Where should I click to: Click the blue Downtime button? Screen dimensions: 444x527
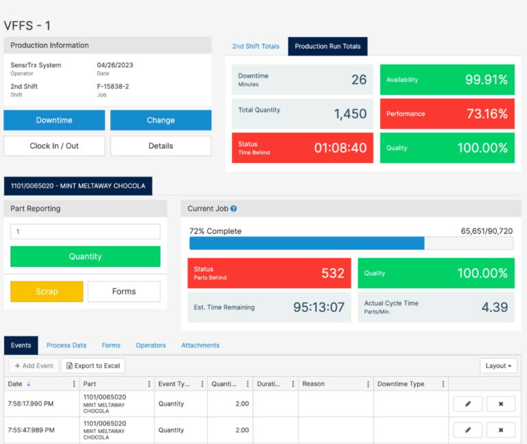pos(54,120)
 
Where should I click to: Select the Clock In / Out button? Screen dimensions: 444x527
pos(54,145)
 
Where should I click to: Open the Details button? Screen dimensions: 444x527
pos(161,145)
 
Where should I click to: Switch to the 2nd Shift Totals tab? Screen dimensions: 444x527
pos(256,46)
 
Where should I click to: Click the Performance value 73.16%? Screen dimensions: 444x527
pos(487,114)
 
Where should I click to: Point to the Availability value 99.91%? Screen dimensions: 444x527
pos(486,80)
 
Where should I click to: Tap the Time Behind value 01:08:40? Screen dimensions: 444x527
pos(340,148)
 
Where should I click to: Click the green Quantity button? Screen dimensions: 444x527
pos(85,257)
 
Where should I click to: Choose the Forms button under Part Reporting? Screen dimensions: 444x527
pos(124,292)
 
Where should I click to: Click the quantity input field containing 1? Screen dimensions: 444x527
pos(85,232)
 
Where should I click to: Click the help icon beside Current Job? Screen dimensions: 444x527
pos(233,209)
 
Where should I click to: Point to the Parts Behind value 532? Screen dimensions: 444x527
pos(333,273)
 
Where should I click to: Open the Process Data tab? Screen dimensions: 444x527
pos(67,345)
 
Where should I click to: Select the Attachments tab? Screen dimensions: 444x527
pos(200,345)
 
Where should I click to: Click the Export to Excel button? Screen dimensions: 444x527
pos(93,366)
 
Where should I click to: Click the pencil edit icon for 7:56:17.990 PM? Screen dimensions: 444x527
pos(468,404)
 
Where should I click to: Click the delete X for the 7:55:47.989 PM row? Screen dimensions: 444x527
pos(501,430)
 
